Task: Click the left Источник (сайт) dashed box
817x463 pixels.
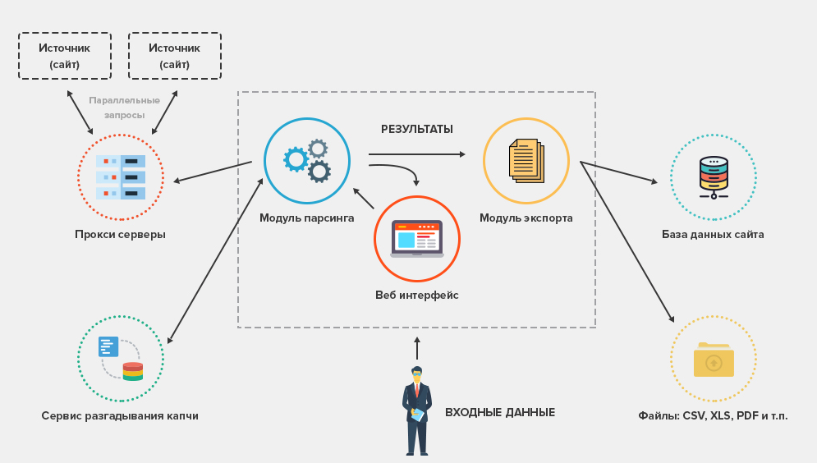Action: tap(65, 56)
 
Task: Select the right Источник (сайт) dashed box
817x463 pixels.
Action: tap(175, 56)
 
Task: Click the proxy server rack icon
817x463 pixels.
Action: tap(121, 177)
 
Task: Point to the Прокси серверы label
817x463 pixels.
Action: tap(120, 235)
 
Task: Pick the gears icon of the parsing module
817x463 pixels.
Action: tap(306, 161)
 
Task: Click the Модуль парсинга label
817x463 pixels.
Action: tap(307, 218)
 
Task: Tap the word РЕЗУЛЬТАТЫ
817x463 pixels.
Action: tap(417, 130)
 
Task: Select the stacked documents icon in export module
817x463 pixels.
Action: tap(526, 160)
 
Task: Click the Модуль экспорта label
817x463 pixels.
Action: tap(526, 218)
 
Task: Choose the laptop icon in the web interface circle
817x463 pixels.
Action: tap(417, 239)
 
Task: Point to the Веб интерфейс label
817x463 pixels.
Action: tap(417, 296)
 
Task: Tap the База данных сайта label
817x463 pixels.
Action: tap(714, 235)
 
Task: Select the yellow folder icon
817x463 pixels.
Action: tap(714, 360)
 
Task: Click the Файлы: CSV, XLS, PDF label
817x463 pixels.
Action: tap(713, 416)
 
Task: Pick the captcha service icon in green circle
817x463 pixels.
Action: tap(121, 359)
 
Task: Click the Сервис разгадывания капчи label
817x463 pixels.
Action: tap(120, 416)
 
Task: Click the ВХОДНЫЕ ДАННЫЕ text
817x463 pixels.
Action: tap(500, 413)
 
